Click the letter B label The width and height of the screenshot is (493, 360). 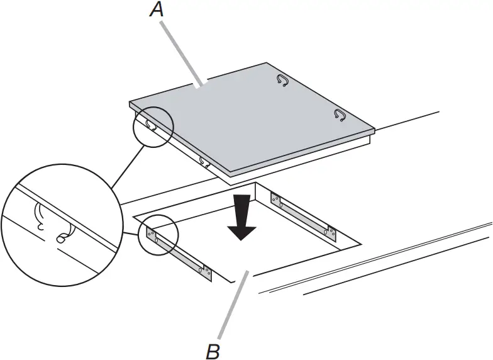click(x=214, y=350)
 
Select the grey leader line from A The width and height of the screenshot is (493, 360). click(x=183, y=53)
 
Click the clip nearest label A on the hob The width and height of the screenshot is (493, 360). click(x=282, y=80)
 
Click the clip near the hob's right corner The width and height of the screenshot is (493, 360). click(x=340, y=115)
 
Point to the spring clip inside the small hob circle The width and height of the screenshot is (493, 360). click(x=152, y=125)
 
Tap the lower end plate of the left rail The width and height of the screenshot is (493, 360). click(x=205, y=271)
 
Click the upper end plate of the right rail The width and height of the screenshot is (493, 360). click(x=277, y=200)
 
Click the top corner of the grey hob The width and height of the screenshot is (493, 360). click(x=267, y=63)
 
